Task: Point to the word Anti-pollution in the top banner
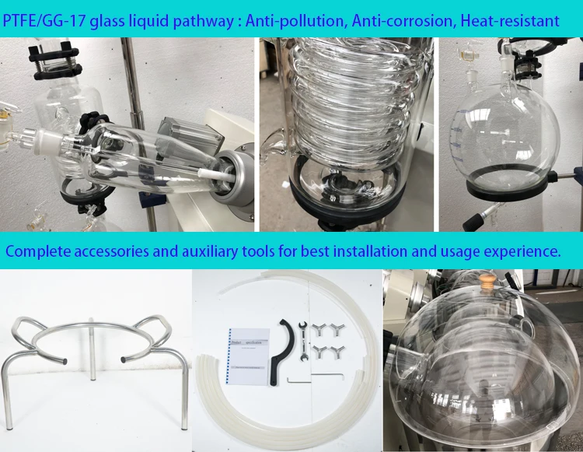295,21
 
